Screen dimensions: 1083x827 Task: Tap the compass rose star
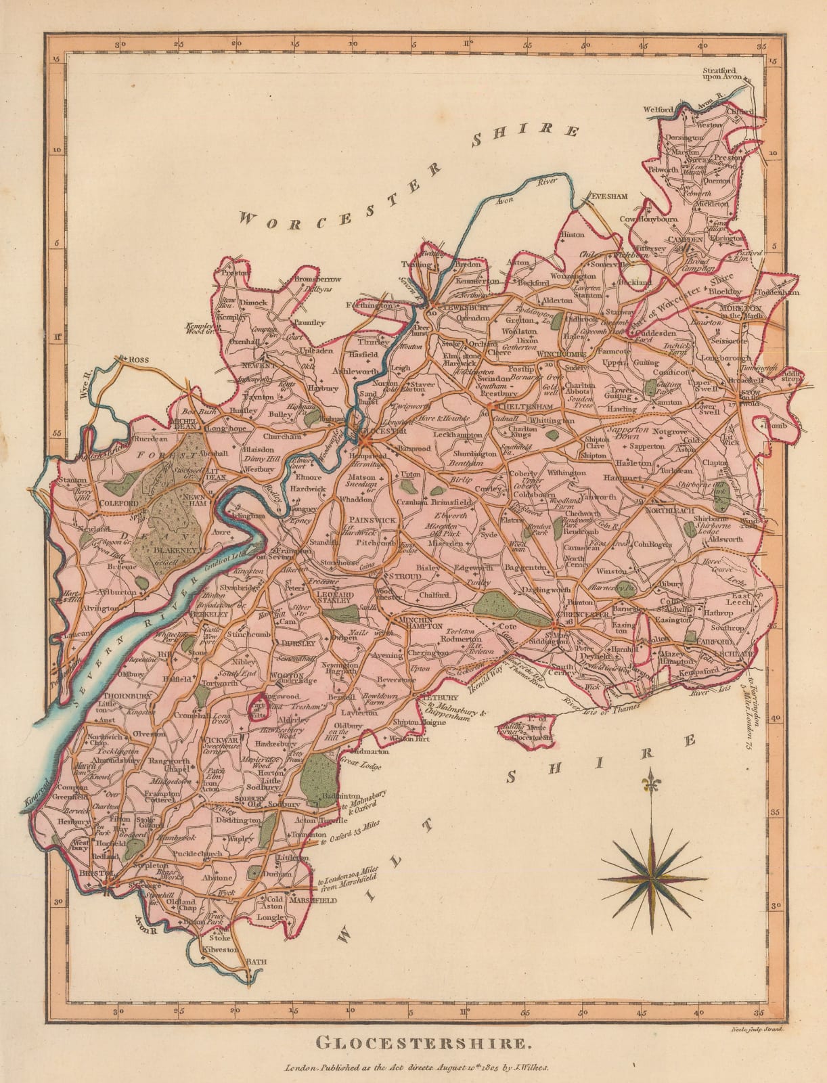point(649,881)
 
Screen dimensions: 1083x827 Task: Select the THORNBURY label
point(118,694)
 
